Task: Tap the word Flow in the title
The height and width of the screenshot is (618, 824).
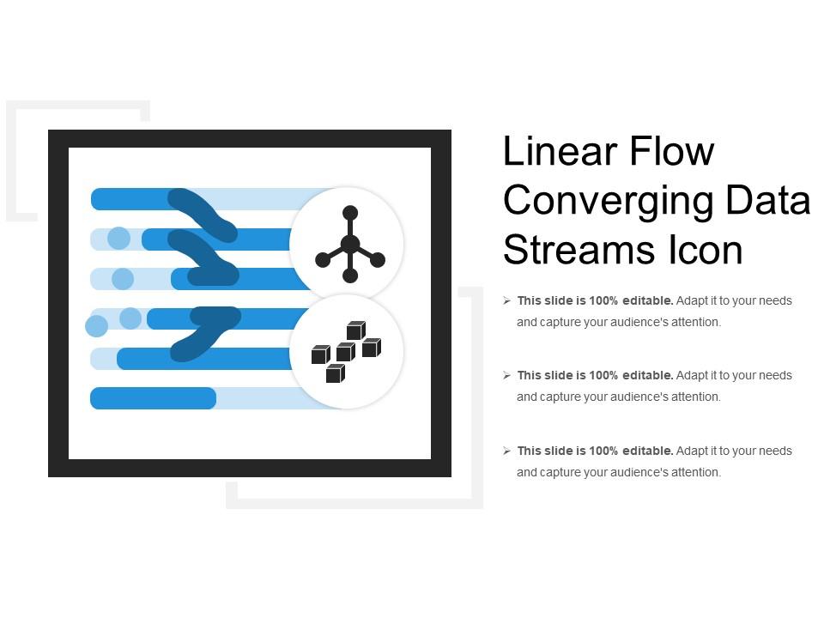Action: coord(671,152)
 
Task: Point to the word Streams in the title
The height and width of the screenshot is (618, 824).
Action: coord(580,251)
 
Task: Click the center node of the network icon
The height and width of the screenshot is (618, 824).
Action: coord(349,245)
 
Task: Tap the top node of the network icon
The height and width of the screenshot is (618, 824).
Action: coord(349,213)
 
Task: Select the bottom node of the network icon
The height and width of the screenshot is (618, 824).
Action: coord(349,276)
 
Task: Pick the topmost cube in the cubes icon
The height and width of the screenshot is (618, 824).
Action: coord(355,330)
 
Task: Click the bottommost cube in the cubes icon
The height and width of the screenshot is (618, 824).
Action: coord(335,373)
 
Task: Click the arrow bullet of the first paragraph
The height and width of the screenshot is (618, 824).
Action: coord(507,301)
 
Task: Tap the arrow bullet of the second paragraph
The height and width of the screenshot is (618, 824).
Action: coord(507,376)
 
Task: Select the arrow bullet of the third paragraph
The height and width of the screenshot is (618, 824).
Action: coord(507,451)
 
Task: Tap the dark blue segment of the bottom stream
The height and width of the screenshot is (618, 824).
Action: coord(153,398)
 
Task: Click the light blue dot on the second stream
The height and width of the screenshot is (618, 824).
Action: coord(118,239)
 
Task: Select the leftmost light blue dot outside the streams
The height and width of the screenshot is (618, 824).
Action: coord(96,325)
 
